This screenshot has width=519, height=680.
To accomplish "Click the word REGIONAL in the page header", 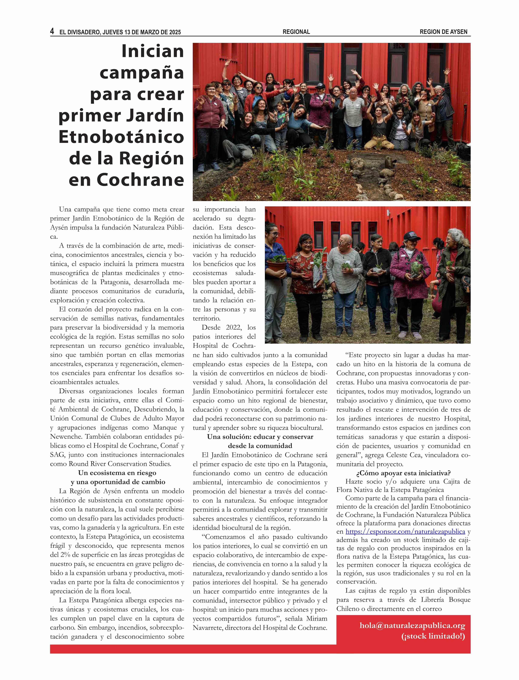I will (296, 32).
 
